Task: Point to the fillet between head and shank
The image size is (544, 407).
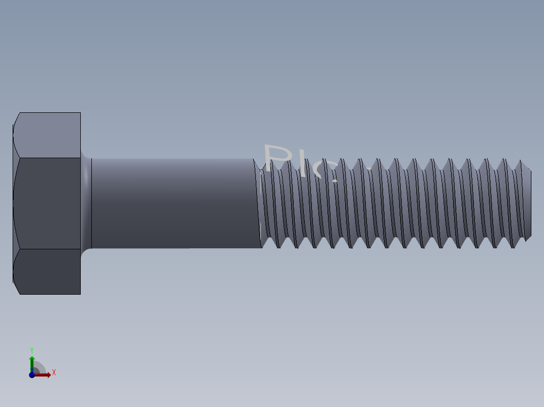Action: click(86, 203)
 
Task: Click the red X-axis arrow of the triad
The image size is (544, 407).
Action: click(44, 374)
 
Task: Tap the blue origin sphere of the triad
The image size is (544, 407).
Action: click(32, 374)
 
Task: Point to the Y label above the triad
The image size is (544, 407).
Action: click(32, 350)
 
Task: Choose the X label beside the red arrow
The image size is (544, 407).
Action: click(54, 373)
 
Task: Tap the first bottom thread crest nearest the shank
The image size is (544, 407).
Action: click(277, 245)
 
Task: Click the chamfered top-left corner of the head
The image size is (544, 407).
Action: click(16, 119)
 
